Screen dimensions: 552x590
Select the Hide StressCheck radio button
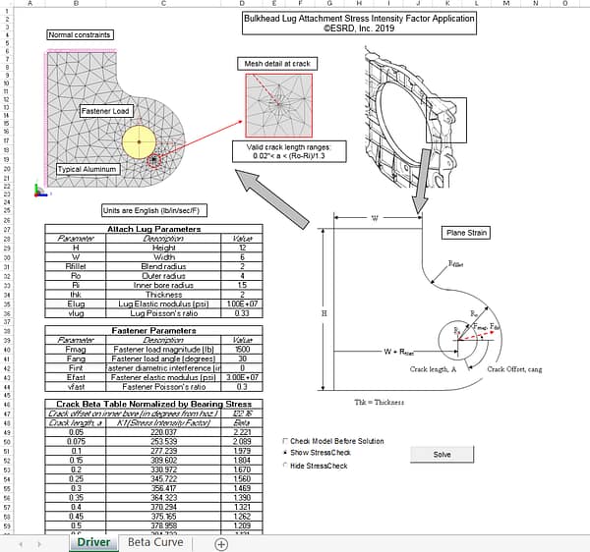click(x=285, y=466)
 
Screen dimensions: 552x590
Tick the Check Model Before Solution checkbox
click(x=285, y=441)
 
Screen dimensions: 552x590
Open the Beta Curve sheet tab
click(x=154, y=542)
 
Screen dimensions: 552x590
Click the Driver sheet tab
click(x=92, y=542)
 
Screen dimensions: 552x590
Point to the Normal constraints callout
click(x=80, y=34)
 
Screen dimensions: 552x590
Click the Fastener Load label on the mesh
click(x=105, y=111)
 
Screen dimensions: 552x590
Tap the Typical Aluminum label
click(x=88, y=169)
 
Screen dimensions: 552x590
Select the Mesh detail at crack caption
click(x=276, y=64)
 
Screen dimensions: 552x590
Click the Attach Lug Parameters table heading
click(x=153, y=229)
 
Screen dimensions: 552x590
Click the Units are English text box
click(x=153, y=210)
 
